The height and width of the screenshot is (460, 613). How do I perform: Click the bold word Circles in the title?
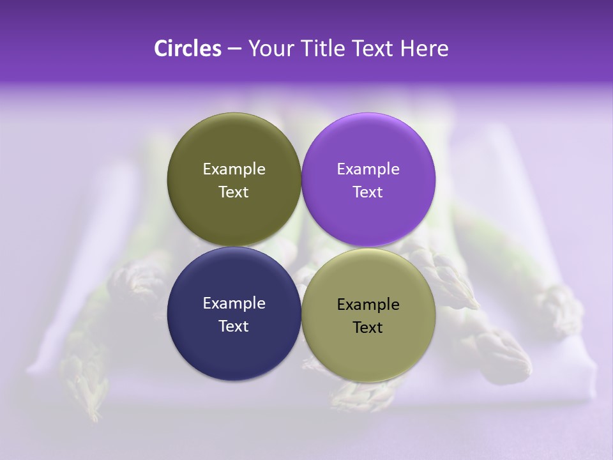(x=188, y=49)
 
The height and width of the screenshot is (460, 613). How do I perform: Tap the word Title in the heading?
(x=317, y=49)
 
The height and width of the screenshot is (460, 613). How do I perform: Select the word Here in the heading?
(x=424, y=49)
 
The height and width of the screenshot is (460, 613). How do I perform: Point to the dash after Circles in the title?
(x=234, y=49)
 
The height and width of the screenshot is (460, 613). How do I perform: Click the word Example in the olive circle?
(x=234, y=169)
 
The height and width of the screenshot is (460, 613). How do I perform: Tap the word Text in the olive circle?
(x=234, y=192)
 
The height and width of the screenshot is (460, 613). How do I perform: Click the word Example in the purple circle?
(x=368, y=169)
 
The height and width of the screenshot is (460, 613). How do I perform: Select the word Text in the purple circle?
(x=368, y=192)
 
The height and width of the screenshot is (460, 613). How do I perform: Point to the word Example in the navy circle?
(x=234, y=303)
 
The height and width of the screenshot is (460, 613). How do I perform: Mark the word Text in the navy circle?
(x=234, y=326)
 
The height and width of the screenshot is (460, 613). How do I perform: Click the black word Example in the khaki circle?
(x=368, y=305)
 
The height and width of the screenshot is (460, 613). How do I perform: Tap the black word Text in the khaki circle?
(x=368, y=328)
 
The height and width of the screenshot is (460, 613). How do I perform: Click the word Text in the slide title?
(x=372, y=49)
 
